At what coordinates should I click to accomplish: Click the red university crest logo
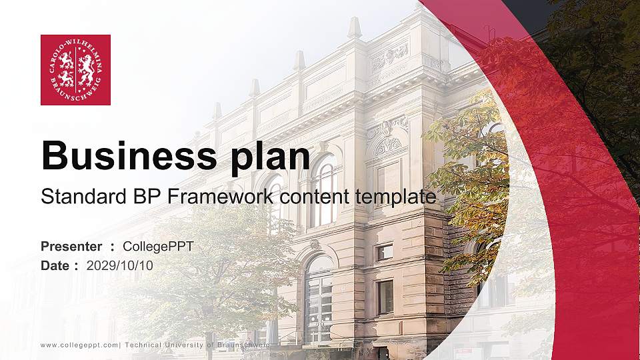(75, 70)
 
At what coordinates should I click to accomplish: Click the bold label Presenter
(71, 247)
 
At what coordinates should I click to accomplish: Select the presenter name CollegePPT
(158, 247)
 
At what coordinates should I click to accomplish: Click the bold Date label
(55, 265)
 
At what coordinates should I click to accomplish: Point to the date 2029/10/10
(120, 265)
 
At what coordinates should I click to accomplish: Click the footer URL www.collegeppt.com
(79, 345)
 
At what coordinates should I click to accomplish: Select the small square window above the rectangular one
(385, 252)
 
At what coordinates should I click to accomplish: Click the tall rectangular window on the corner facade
(385, 297)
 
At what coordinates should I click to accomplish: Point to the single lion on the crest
(85, 69)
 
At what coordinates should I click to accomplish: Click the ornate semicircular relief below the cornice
(387, 146)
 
